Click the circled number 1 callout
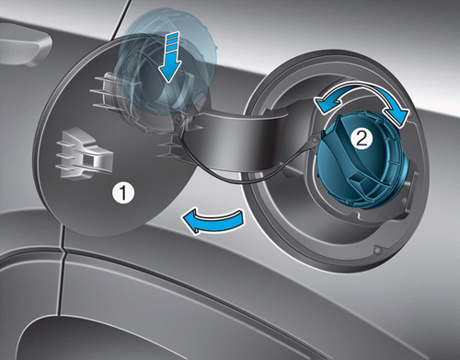tap(123, 192)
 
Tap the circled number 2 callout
tap(362, 139)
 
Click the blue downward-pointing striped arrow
tap(168, 57)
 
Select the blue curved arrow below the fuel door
tap(214, 221)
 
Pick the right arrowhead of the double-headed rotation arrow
tap(397, 115)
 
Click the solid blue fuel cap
tap(363, 161)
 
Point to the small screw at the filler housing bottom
tap(378, 250)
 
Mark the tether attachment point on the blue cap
tap(316, 139)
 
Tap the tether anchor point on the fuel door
tap(178, 119)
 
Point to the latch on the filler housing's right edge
tap(410, 192)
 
